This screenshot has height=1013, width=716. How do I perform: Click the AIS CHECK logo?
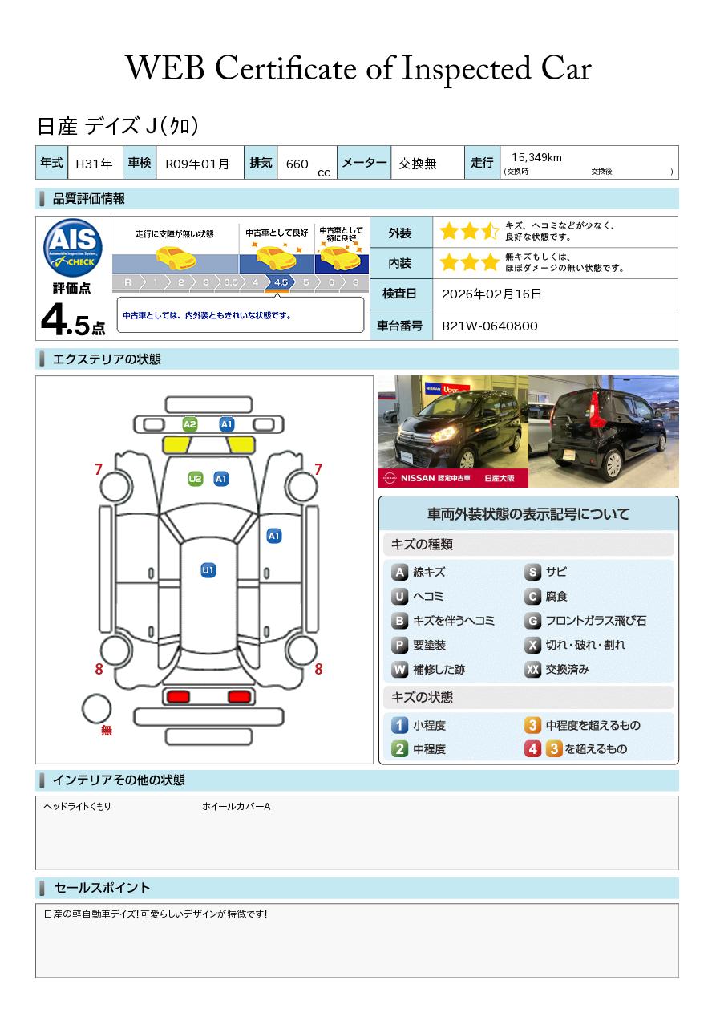coord(73,247)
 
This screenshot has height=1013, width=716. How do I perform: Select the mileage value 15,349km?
coord(536,157)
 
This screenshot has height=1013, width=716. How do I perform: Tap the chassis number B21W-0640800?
coord(490,326)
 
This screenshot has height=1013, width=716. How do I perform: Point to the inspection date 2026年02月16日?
coord(491,294)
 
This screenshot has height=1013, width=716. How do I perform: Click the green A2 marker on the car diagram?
coord(190,424)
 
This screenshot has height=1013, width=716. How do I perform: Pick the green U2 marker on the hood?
coord(196,479)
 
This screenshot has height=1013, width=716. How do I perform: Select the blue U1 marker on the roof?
coord(208,570)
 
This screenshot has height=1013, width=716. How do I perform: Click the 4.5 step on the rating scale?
coord(281,282)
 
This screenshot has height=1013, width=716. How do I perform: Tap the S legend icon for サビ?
coord(532,572)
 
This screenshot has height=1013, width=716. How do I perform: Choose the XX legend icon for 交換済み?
coord(532,669)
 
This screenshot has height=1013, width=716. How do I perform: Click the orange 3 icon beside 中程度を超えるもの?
coord(532,725)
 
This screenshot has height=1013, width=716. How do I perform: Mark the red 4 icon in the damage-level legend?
coord(532,749)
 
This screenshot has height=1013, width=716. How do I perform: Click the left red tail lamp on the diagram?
coord(178,697)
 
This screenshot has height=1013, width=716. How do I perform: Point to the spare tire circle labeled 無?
coord(96,709)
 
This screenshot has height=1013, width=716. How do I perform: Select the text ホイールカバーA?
coord(236,806)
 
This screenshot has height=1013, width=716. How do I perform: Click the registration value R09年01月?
coord(197,164)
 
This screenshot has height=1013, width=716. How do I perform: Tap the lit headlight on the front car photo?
coord(443,434)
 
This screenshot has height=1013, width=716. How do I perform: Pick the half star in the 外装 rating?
coord(490,231)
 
